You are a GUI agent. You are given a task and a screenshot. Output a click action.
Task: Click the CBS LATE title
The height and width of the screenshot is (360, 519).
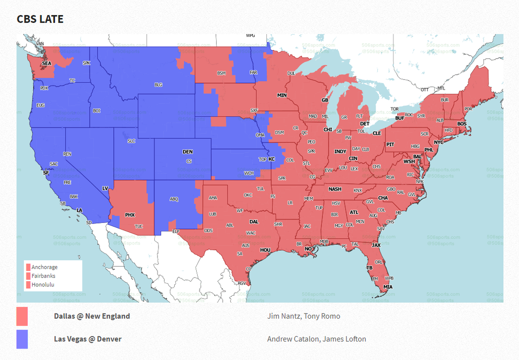[40, 19]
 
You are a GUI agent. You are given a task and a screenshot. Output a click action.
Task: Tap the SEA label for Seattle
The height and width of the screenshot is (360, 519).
[46, 64]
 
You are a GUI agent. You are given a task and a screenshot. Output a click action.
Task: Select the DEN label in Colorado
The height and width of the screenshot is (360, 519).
[188, 152]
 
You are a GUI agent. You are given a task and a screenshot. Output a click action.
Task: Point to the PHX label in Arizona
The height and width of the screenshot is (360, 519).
[130, 214]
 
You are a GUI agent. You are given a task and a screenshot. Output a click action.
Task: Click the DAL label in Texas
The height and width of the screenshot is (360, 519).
[254, 222]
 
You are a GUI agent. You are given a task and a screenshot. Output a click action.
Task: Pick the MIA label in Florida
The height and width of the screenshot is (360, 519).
[387, 287]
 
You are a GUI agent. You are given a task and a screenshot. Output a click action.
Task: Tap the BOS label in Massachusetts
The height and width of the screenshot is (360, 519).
[462, 124]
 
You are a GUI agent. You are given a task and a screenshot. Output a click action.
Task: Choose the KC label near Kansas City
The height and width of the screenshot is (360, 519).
[272, 159]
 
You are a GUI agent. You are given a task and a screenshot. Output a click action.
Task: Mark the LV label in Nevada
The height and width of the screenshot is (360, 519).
[105, 188]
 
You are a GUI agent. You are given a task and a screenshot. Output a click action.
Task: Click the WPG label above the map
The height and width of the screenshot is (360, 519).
[250, 35]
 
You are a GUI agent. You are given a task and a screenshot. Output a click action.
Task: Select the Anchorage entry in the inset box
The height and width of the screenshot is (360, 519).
[44, 267]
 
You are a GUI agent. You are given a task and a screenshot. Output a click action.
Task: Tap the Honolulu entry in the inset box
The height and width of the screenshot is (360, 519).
[43, 284]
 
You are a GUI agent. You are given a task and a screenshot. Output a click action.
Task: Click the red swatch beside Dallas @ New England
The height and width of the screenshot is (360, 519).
[22, 316]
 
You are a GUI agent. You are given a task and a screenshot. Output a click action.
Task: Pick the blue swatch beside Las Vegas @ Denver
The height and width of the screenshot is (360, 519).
[22, 339]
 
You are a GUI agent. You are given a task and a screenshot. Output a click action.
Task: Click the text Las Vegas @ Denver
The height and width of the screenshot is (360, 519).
[87, 339]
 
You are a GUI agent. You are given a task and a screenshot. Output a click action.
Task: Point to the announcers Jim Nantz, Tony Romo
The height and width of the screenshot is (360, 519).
[304, 316]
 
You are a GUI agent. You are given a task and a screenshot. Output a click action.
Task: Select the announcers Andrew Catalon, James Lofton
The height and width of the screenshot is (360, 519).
[316, 339]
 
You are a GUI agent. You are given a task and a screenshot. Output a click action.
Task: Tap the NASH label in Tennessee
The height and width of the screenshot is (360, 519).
[335, 189]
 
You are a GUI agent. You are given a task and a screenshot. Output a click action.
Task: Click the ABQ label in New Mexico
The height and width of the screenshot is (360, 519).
[174, 199]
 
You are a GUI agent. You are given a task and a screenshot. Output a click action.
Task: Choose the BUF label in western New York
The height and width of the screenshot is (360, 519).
[400, 118]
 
